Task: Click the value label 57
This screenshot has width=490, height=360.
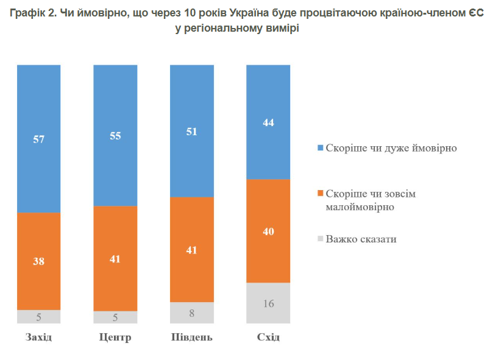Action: (39, 139)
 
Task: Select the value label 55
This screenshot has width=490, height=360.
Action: (115, 136)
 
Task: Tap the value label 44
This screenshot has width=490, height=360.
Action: (268, 122)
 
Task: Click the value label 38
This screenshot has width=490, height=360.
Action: (39, 261)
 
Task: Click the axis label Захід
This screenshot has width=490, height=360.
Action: (39, 337)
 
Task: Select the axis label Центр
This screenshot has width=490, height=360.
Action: (115, 337)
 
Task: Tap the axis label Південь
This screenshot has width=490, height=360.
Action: (191, 337)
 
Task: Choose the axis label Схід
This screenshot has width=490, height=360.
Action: (268, 337)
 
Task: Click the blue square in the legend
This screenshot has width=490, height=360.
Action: (321, 148)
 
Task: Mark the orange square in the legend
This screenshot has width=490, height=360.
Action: (321, 194)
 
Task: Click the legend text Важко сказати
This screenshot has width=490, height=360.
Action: (361, 239)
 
